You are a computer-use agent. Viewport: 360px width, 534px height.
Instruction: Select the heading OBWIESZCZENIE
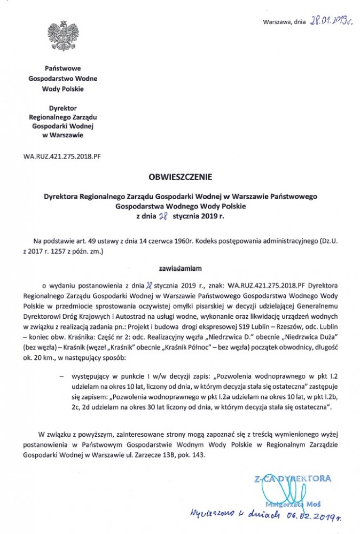[179, 175]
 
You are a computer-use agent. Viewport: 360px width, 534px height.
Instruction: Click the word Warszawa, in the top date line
[276, 22]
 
